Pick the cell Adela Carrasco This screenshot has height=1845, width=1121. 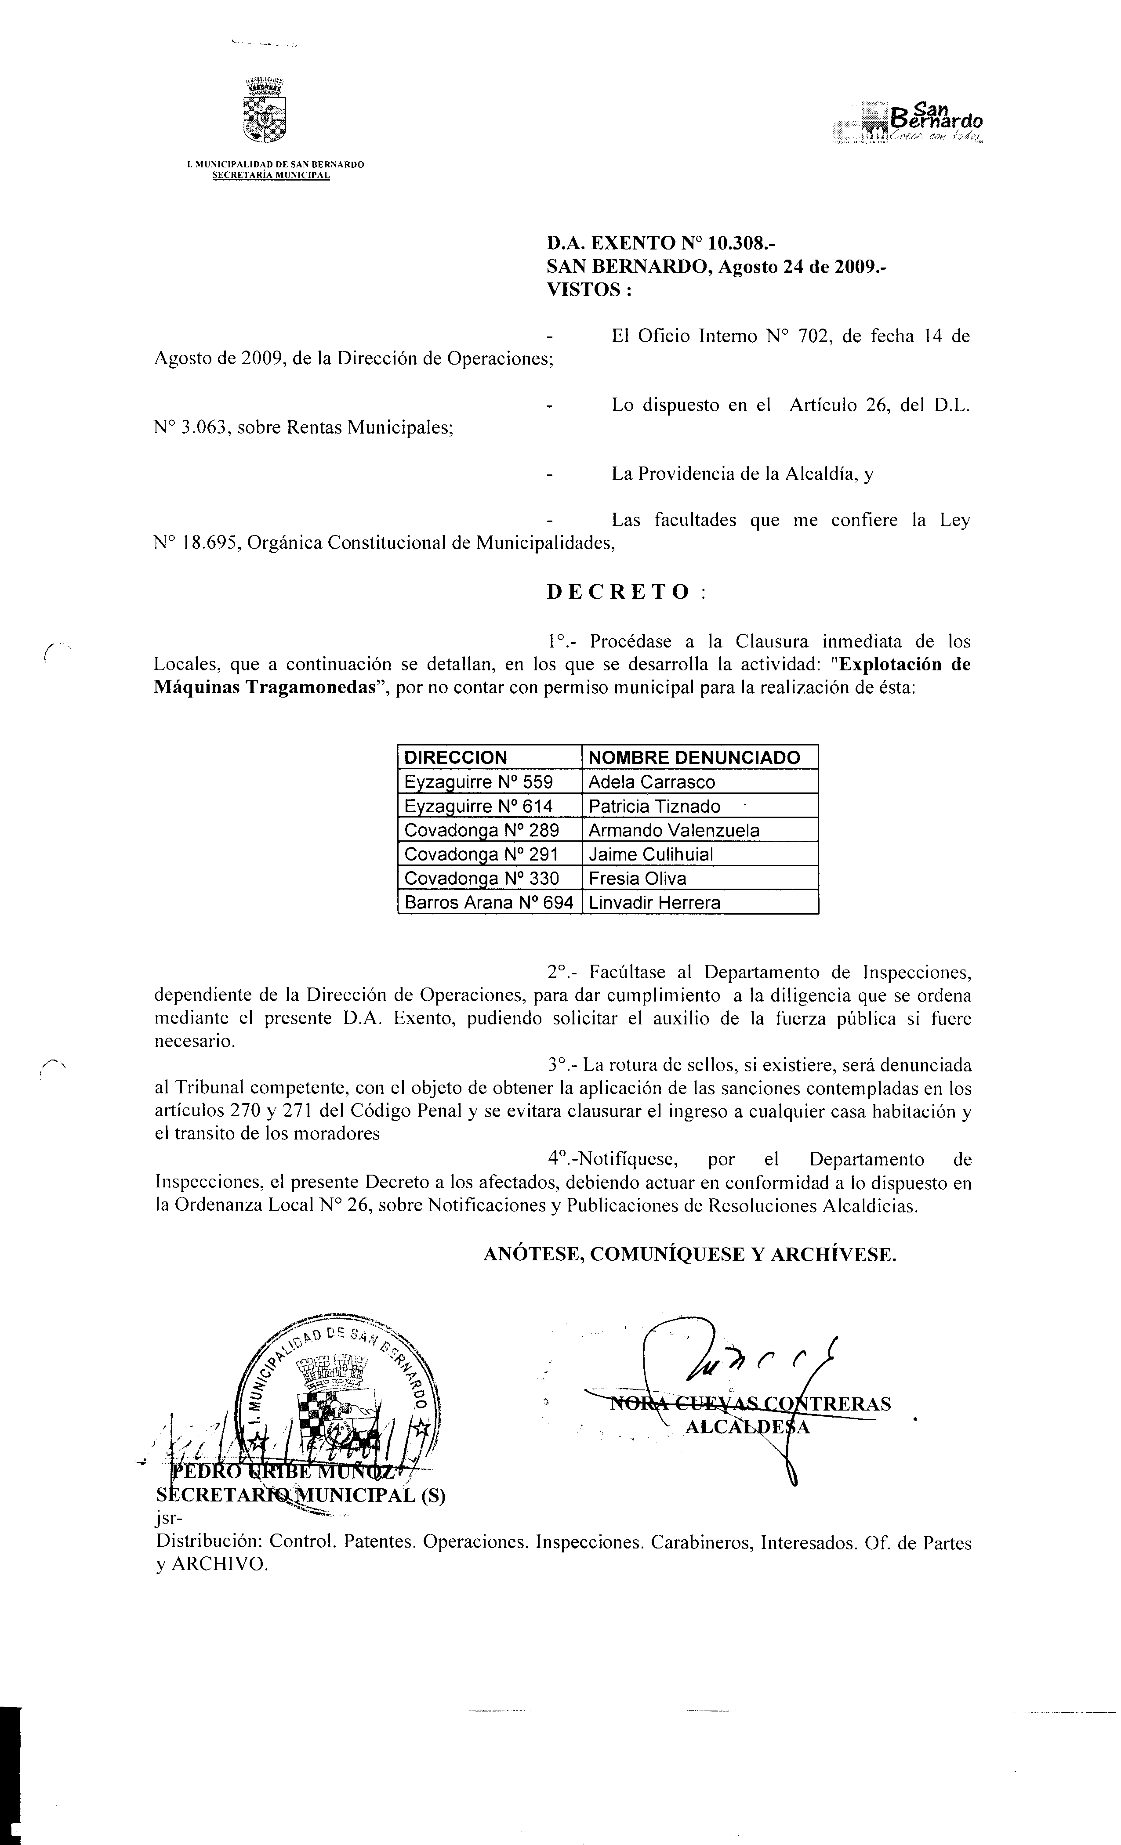652,782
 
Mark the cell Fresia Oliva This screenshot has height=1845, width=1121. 637,878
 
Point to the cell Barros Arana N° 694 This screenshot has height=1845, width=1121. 488,902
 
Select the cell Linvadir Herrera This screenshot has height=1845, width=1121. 654,902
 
